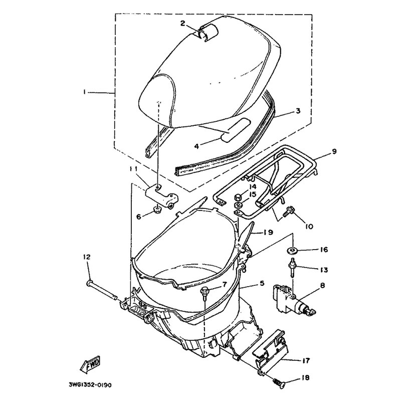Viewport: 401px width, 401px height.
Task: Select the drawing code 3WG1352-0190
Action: point(90,385)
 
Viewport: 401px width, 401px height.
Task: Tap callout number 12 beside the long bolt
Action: point(87,257)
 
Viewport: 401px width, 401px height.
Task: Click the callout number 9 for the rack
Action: point(334,151)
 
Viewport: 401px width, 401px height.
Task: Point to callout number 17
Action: point(306,360)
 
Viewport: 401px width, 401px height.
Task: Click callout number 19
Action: point(269,232)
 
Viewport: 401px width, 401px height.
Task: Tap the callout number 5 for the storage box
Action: point(262,283)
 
